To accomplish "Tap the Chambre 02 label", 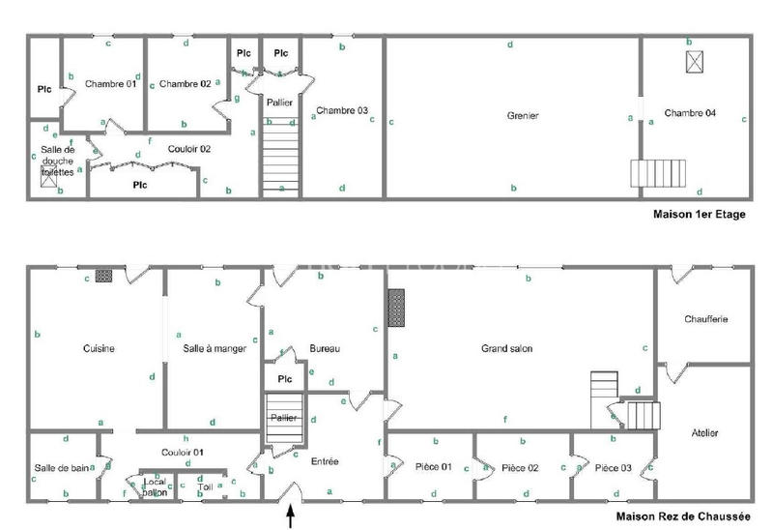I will [x=186, y=84].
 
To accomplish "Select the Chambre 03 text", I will [x=342, y=110].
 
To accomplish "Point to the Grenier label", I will [x=522, y=116].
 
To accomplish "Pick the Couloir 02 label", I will [x=189, y=148].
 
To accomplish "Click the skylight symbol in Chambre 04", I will [x=694, y=61].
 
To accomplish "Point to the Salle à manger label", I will [x=208, y=349].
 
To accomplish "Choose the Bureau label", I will [x=325, y=349].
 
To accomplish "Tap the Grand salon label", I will [x=507, y=348].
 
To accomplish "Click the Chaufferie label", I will [x=705, y=319].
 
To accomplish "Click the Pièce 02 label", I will [x=520, y=468].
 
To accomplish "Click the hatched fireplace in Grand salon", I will [x=395, y=309].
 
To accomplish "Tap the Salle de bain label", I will [x=62, y=468].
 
